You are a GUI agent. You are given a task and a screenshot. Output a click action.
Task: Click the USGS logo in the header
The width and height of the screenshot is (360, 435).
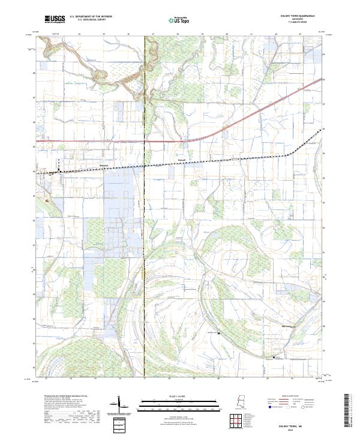point(55,19)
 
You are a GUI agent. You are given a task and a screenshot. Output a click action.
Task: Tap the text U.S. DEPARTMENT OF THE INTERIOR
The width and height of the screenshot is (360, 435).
point(91,17)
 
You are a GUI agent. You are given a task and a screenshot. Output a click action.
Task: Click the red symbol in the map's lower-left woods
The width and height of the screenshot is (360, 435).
point(46,200)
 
